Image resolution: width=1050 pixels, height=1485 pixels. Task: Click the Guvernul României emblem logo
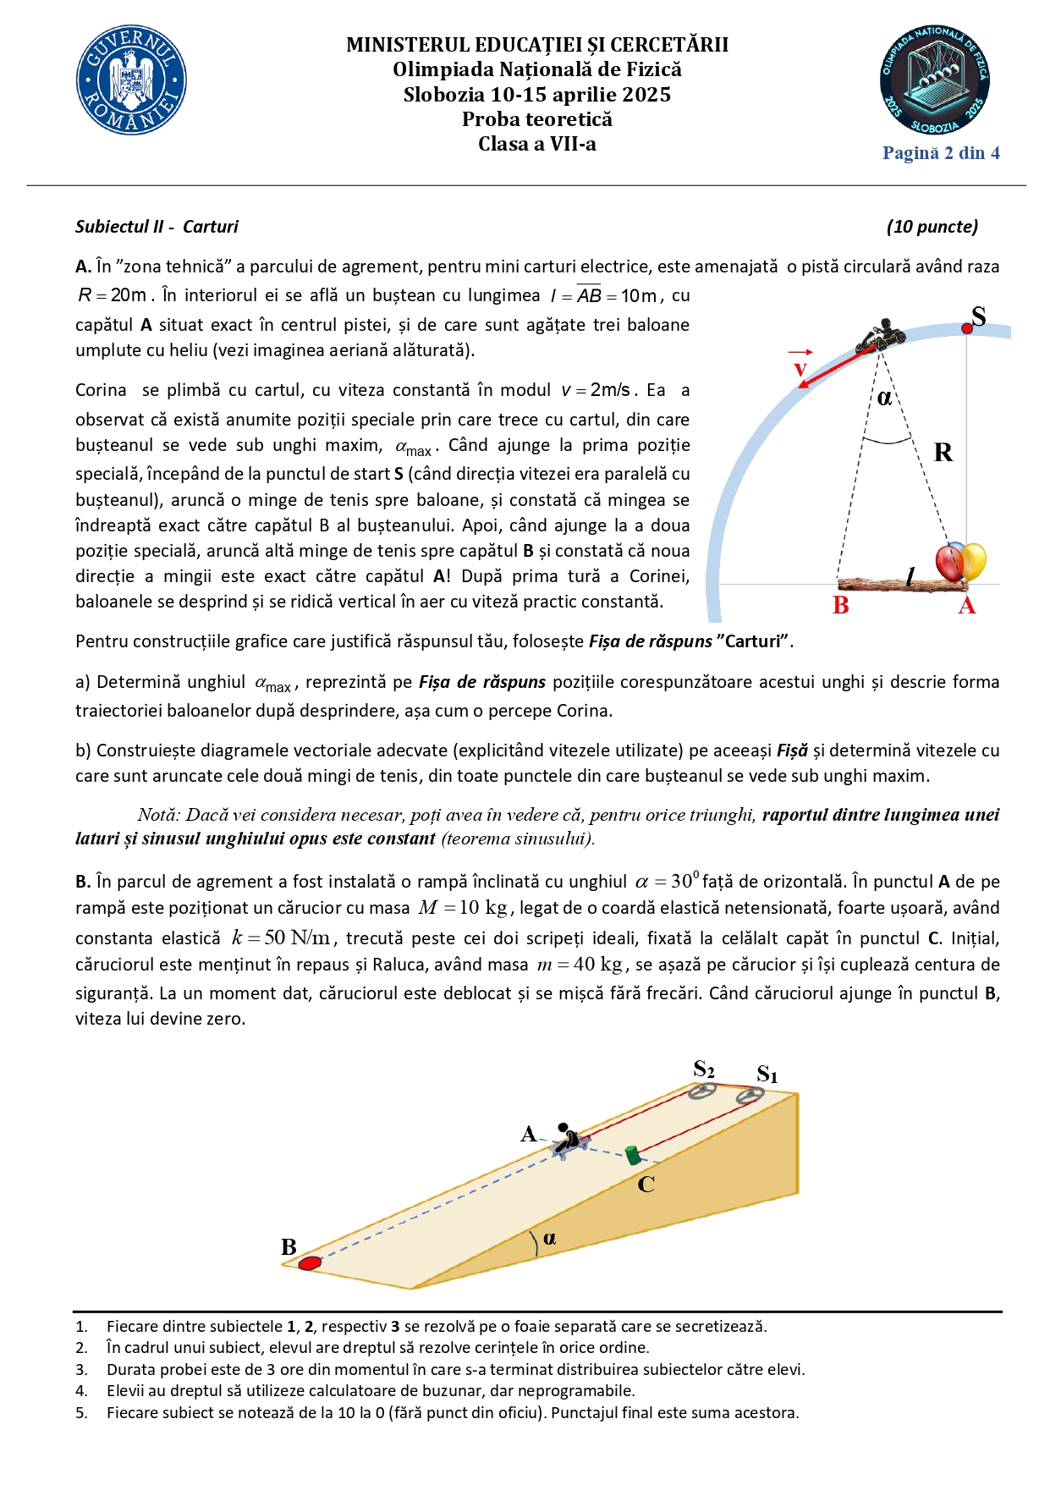(x=131, y=80)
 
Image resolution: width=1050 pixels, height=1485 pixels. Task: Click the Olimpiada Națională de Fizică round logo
(x=934, y=80)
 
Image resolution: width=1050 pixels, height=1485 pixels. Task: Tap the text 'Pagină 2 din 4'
(x=941, y=153)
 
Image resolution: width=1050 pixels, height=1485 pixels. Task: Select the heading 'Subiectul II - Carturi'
(x=157, y=227)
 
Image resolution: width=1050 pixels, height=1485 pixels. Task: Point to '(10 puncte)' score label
(x=932, y=227)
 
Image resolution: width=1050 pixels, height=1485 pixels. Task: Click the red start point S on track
(x=967, y=328)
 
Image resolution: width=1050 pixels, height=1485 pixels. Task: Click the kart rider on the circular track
(x=881, y=335)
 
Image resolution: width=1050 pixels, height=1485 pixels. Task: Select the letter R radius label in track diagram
(x=943, y=453)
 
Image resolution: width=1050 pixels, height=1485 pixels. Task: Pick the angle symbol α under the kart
(x=884, y=398)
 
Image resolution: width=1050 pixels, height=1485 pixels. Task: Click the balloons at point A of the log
(x=961, y=562)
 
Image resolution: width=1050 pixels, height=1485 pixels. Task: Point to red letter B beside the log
(x=840, y=606)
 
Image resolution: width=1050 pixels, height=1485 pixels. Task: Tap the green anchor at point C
(x=632, y=1155)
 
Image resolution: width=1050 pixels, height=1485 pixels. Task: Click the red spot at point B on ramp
(x=311, y=1263)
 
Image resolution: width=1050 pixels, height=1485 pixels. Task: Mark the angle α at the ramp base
(x=549, y=1239)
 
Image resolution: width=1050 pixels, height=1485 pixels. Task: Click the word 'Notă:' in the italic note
(x=158, y=815)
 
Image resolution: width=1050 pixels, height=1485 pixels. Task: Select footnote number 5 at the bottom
(x=81, y=1412)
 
